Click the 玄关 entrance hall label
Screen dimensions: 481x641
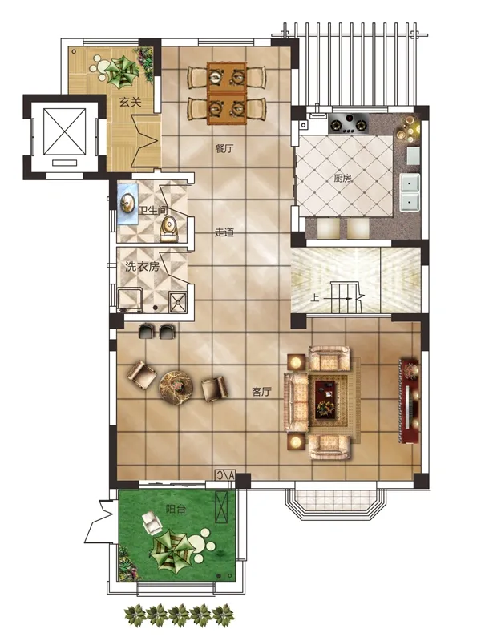coord(131,102)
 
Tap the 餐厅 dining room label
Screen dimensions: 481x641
coord(224,148)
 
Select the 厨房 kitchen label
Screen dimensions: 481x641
coord(343,178)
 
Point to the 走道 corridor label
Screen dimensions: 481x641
coord(224,232)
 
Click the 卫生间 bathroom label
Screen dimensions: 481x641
coord(153,211)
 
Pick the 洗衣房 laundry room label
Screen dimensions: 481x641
coord(143,267)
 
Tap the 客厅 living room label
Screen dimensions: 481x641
coord(261,392)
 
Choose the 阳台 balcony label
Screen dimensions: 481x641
coord(176,510)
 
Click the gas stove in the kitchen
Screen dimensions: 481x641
coord(349,123)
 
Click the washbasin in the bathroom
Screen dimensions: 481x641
coord(127,204)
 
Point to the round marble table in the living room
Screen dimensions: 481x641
coord(176,386)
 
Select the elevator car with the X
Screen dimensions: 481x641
coord(64,131)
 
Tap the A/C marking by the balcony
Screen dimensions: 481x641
coord(225,475)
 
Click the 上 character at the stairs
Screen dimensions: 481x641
coord(314,297)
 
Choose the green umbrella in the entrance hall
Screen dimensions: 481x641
coord(121,71)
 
